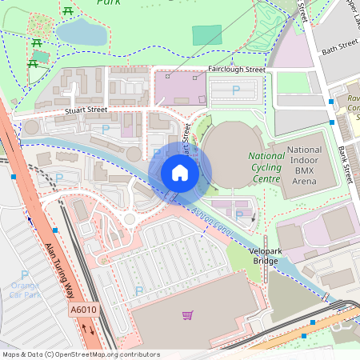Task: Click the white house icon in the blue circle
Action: [x=180, y=173]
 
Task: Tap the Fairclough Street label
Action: [x=235, y=70]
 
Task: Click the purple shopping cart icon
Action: [x=187, y=315]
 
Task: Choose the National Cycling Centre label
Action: [x=266, y=167]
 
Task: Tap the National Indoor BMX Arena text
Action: [x=304, y=166]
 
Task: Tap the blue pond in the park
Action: [x=80, y=33]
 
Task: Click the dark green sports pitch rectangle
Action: [x=207, y=35]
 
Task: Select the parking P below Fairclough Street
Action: [x=235, y=91]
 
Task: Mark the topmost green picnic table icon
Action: [x=68, y=10]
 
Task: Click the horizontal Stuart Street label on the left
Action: [x=86, y=110]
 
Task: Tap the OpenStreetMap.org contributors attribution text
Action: [x=108, y=354]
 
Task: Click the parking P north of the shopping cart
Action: [x=139, y=291]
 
